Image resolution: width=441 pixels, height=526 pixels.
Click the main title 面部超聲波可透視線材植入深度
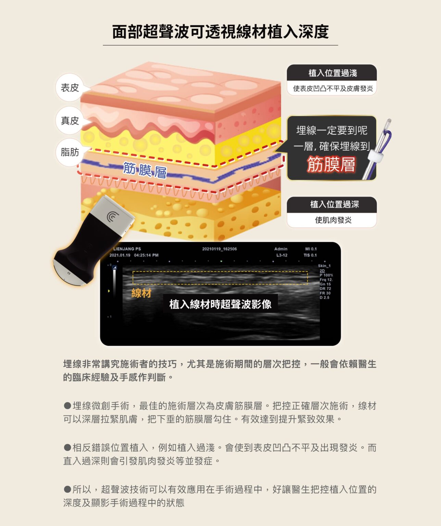220,32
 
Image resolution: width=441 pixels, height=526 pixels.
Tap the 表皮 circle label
70,87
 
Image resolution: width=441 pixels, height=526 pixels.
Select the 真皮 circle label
70,121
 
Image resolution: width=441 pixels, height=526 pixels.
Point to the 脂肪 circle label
70,152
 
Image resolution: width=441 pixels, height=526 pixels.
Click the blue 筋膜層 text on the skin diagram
145,171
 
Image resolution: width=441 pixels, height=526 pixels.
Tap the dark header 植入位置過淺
332,73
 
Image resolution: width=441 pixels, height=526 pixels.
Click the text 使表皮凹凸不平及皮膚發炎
333,88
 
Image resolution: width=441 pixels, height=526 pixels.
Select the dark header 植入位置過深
332,204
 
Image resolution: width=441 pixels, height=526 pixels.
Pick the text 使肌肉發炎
333,220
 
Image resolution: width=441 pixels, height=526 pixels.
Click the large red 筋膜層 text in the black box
331,164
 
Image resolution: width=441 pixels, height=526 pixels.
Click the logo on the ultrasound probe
112,216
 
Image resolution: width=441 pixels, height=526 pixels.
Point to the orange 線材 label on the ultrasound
141,293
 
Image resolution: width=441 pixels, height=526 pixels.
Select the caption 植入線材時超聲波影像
220,304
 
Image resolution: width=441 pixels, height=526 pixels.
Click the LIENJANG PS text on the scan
127,249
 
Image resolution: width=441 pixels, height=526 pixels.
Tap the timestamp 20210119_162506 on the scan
219,249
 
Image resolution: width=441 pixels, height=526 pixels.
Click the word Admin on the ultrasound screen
281,249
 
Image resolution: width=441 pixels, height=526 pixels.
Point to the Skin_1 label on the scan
324,266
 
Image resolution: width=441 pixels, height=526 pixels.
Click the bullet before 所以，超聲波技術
67,489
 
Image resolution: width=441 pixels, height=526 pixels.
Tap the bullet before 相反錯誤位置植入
67,447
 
